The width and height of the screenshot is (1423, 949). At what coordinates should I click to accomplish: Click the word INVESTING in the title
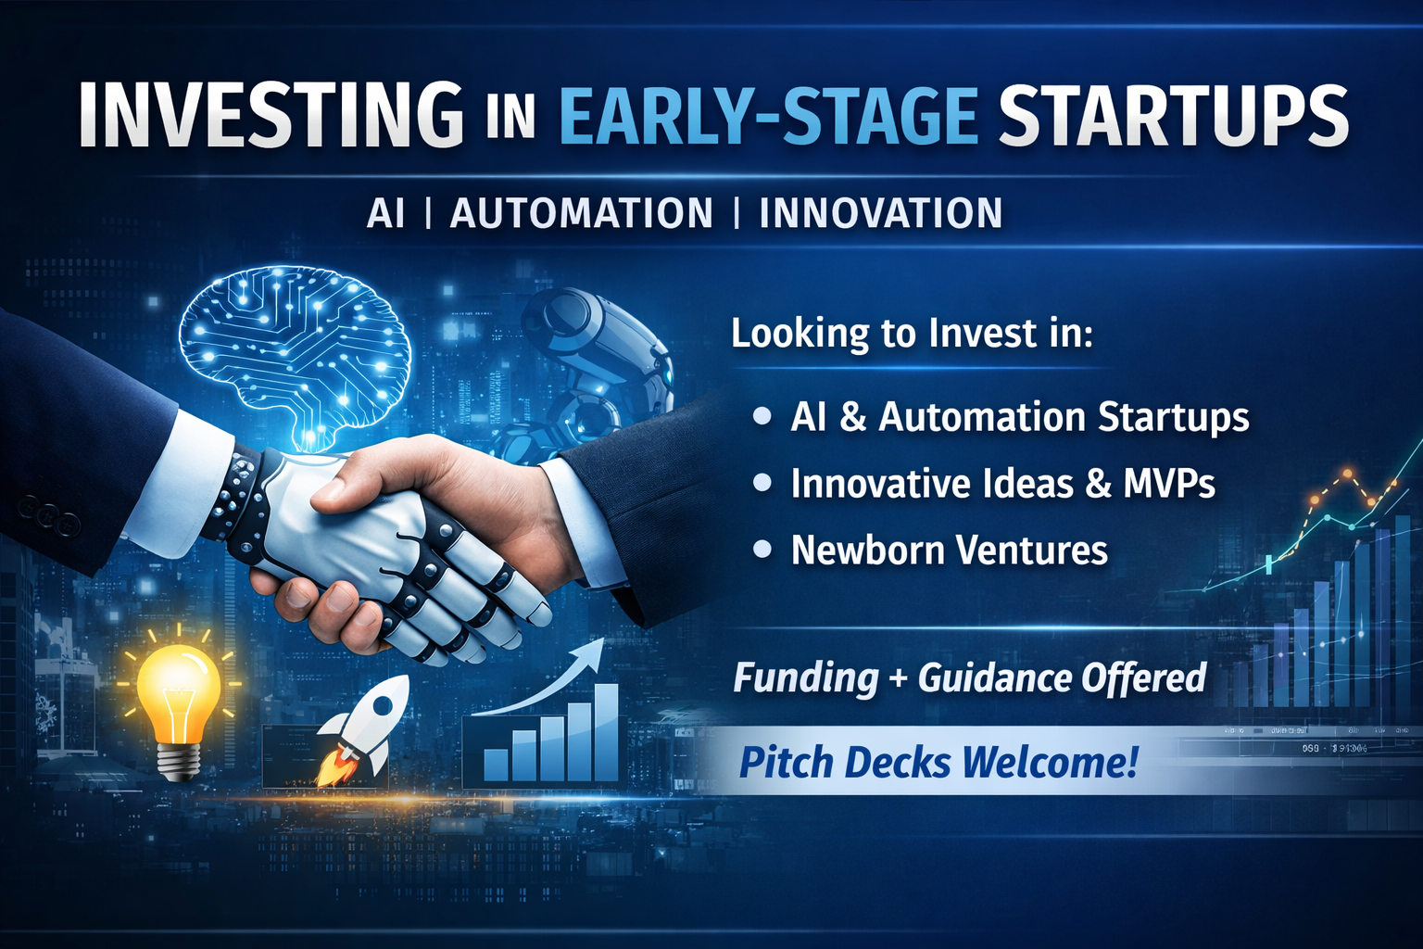[x=271, y=114]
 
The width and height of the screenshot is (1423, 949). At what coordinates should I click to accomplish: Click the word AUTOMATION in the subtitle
[x=581, y=213]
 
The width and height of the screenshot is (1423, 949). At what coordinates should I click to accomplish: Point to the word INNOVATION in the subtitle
[x=881, y=213]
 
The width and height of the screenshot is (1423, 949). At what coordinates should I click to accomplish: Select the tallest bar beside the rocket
[x=605, y=732]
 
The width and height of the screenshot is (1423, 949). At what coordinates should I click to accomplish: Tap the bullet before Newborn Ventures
[x=762, y=549]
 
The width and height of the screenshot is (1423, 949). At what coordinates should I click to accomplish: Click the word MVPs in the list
[x=1169, y=483]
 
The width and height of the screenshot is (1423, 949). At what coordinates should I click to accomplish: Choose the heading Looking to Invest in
[x=912, y=333]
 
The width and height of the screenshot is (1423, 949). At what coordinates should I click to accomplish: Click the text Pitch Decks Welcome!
[x=938, y=762]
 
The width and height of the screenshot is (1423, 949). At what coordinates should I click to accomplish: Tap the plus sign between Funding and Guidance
[x=898, y=678]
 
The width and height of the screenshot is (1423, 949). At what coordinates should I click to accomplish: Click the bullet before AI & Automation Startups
[x=762, y=416]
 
